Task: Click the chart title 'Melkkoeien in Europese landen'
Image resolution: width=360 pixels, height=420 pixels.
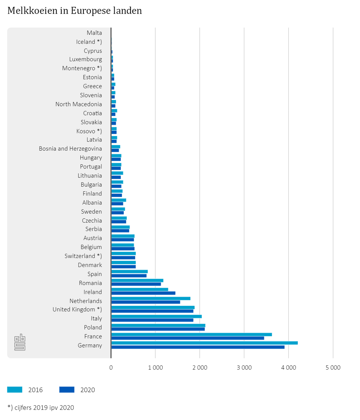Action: (x=75, y=11)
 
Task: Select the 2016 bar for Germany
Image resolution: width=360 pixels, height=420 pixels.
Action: (x=204, y=343)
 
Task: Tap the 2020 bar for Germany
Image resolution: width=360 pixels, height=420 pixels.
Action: (x=198, y=347)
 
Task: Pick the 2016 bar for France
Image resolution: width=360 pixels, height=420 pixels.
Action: (x=191, y=334)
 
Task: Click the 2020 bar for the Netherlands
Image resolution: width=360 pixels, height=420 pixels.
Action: (x=146, y=302)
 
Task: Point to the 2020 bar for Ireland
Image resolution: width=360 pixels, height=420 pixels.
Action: (x=143, y=293)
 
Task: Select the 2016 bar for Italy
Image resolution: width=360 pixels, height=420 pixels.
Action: (x=156, y=316)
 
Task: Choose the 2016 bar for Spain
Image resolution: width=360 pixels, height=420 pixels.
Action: (x=129, y=272)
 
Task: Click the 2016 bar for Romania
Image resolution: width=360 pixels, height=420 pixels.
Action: (x=137, y=280)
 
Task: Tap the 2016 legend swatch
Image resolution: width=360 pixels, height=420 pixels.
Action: (x=15, y=390)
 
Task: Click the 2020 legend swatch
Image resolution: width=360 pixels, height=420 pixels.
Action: (x=67, y=390)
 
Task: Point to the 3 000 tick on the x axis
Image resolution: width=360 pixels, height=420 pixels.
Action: (x=244, y=368)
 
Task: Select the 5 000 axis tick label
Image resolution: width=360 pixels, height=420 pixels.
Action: (x=333, y=368)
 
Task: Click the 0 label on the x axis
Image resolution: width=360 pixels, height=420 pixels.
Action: (x=111, y=368)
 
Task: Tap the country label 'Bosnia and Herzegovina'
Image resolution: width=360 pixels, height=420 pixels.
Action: (x=70, y=149)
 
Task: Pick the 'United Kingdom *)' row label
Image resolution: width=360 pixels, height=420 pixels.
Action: (x=77, y=309)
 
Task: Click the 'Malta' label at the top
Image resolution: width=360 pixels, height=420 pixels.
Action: (x=94, y=33)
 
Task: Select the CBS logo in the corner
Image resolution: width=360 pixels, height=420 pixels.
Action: (x=20, y=342)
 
